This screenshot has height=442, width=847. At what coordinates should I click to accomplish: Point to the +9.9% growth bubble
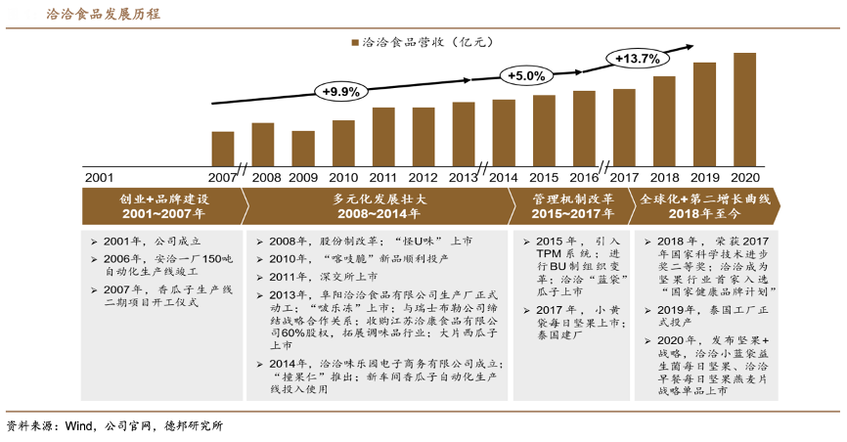pos(341,91)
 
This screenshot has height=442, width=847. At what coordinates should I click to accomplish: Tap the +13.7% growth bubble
pos(637,59)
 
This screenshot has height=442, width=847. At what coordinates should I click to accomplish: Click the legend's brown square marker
pos(355,43)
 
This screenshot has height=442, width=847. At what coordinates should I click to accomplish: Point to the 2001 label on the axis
pos(99,177)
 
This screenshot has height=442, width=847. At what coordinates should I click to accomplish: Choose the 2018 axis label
pos(664,177)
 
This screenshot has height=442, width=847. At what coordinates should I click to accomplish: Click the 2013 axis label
pos(463,177)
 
